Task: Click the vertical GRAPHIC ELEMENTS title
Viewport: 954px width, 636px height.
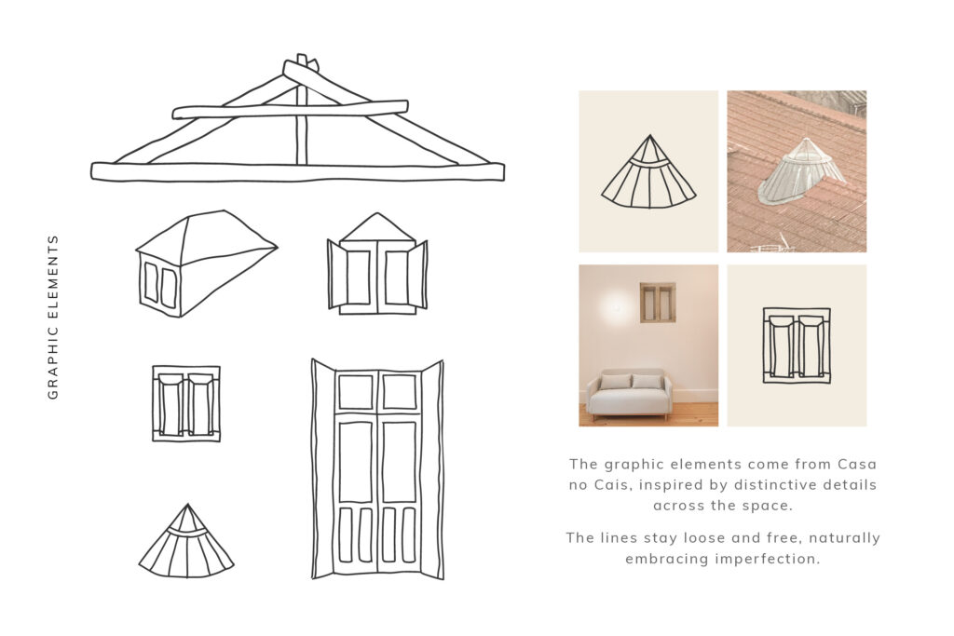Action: [53, 317]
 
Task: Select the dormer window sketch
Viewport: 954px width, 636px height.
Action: [206, 264]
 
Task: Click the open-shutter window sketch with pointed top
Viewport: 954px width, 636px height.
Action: [377, 264]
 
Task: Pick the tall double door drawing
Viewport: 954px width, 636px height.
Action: [377, 468]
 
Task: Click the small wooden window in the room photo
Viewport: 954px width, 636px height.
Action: [657, 303]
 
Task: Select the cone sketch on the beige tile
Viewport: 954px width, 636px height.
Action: [648, 172]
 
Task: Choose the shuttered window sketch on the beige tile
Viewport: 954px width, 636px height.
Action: [797, 345]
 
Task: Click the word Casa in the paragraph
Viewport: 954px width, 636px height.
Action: [857, 465]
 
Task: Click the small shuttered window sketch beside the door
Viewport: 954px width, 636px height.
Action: [186, 403]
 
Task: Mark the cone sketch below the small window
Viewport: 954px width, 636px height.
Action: [186, 540]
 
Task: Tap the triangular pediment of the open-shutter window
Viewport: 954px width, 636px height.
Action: [377, 228]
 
